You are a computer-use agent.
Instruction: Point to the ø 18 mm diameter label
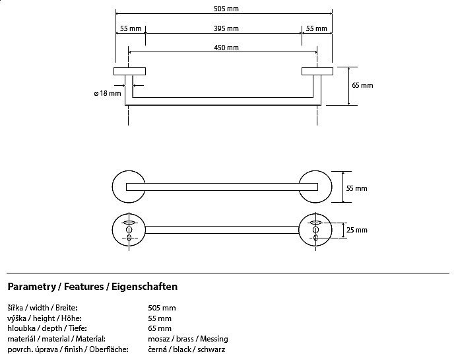[x=108, y=94]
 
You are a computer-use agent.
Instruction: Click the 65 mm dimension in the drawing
[x=362, y=85]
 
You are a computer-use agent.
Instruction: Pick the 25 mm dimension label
[x=356, y=230]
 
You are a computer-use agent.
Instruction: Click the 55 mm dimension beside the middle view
[x=356, y=188]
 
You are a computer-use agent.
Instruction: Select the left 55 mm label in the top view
[x=130, y=28]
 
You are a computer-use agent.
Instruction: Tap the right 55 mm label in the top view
[x=317, y=28]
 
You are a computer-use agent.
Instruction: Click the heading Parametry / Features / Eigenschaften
[x=92, y=287]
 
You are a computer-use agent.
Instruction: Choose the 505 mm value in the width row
[x=162, y=308]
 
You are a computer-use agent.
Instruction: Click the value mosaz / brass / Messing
[x=188, y=338]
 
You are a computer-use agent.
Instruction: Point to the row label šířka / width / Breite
[x=43, y=308]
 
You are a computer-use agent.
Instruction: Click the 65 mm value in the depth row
[x=160, y=328]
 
